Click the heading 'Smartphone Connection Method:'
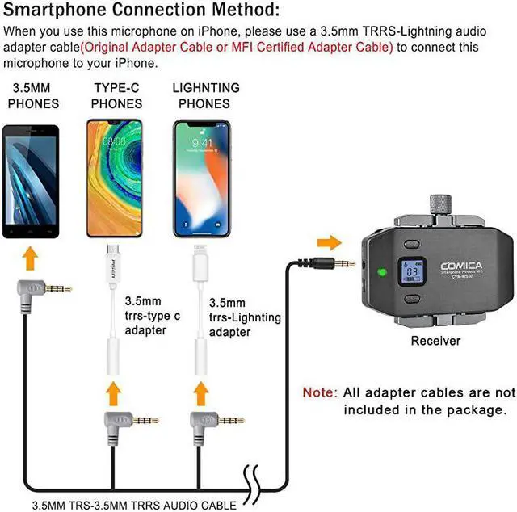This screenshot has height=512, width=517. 142,10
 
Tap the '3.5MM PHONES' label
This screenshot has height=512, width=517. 33,95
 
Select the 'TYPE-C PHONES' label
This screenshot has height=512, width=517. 116,95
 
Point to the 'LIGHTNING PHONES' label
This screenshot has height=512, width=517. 206,95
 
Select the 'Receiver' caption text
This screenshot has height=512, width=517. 435,341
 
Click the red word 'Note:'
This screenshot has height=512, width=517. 320,392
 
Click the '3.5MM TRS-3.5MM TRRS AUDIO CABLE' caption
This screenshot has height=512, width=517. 134,505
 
